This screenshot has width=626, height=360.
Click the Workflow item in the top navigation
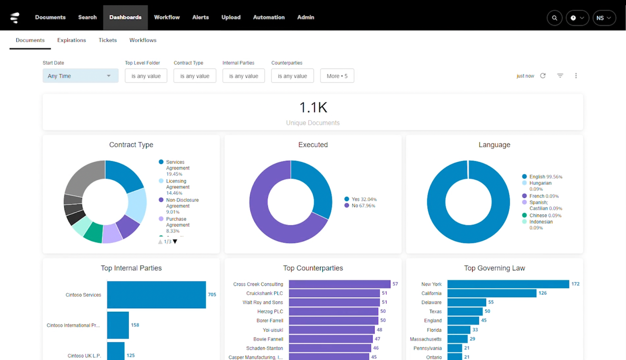click(x=167, y=17)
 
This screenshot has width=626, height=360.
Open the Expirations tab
click(x=71, y=40)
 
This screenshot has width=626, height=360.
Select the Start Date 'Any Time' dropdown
click(x=80, y=76)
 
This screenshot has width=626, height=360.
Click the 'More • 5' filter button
click(x=337, y=76)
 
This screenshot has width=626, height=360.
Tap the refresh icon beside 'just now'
click(x=543, y=76)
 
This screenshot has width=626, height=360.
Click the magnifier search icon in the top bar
click(x=555, y=18)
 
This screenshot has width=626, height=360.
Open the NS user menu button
click(x=604, y=18)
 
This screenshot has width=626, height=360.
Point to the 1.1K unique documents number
click(x=313, y=107)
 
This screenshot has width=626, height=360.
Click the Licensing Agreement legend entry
click(x=177, y=187)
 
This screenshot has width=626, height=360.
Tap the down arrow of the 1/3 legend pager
click(x=175, y=242)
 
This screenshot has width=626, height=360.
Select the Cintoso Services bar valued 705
click(x=156, y=295)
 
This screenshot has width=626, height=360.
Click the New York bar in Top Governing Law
click(x=508, y=284)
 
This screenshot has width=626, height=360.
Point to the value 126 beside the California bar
click(x=543, y=293)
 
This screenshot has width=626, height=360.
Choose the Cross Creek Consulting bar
click(x=339, y=284)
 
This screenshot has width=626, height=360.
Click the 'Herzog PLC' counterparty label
click(x=270, y=311)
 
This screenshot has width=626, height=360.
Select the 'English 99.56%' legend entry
click(x=545, y=177)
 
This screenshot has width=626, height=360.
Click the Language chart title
click(x=494, y=145)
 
